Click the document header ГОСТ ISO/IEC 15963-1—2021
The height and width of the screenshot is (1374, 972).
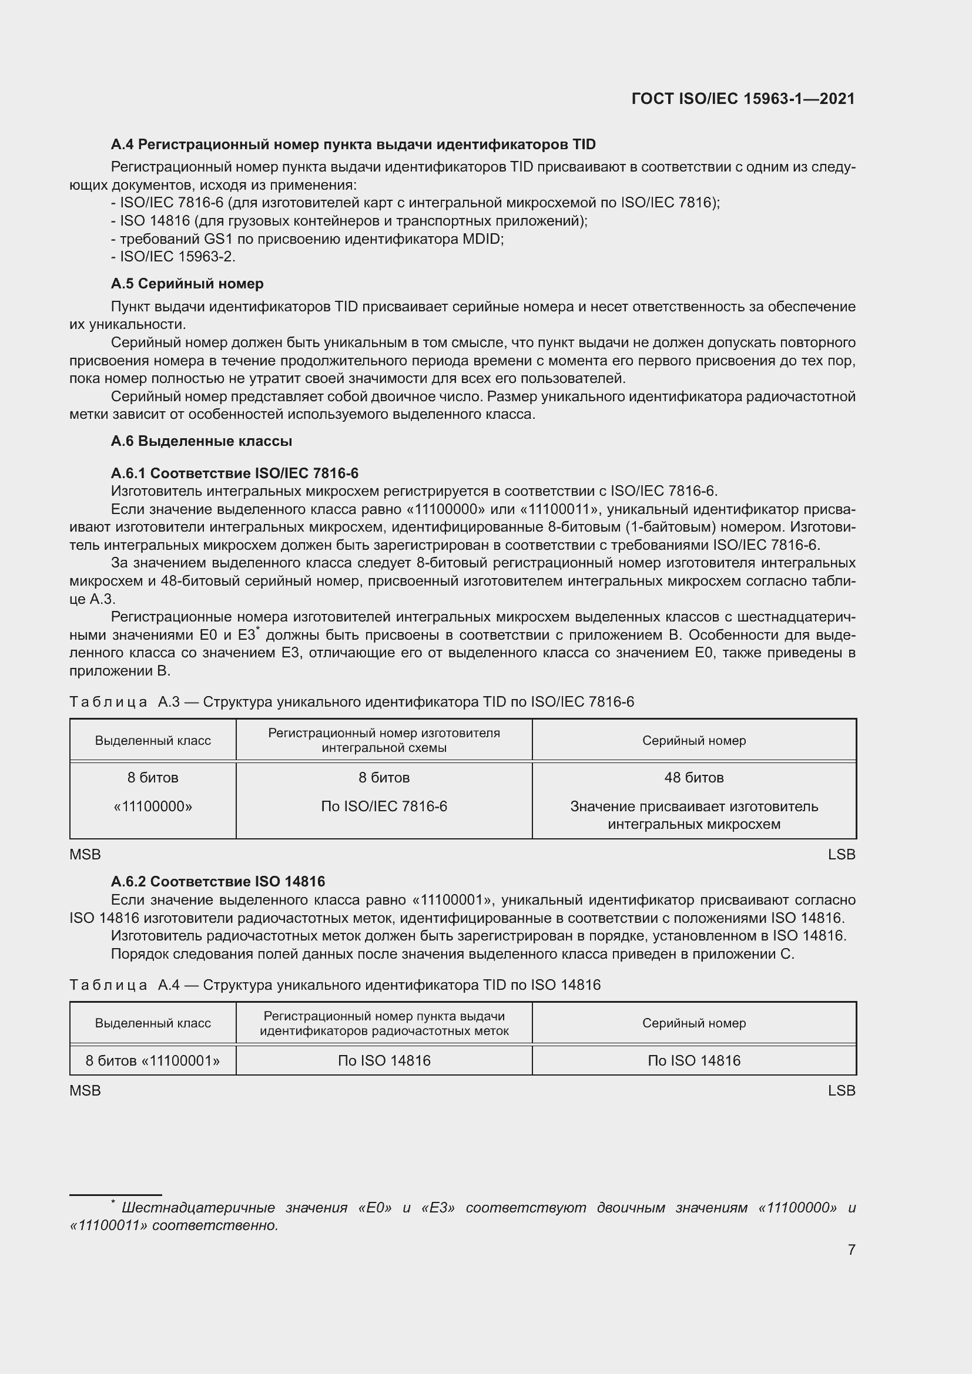pyautogui.click(x=743, y=99)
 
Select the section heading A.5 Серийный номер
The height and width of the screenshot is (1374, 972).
pyautogui.click(x=187, y=284)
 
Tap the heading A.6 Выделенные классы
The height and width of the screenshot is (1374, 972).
pyautogui.click(x=201, y=441)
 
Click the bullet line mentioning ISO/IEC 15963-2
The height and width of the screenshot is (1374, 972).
pyautogui.click(x=173, y=257)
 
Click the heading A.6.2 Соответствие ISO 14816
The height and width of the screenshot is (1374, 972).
pyautogui.click(x=218, y=881)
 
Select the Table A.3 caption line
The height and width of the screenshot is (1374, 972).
pyautogui.click(x=351, y=701)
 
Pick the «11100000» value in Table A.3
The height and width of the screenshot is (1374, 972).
pyautogui.click(x=153, y=806)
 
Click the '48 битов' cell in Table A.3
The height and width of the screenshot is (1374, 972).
pyautogui.click(x=693, y=777)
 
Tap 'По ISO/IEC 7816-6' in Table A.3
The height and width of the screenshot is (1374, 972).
pyautogui.click(x=384, y=806)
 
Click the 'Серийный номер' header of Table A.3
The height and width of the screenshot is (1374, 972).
pyautogui.click(x=693, y=740)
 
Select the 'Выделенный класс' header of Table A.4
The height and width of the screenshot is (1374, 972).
pyautogui.click(x=153, y=1023)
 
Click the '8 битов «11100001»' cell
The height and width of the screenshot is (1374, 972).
pyautogui.click(x=153, y=1060)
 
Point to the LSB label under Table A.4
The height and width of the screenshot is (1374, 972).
pyautogui.click(x=841, y=1090)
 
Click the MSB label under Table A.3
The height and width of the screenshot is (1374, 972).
pyautogui.click(x=85, y=854)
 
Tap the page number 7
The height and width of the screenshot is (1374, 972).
pyautogui.click(x=851, y=1249)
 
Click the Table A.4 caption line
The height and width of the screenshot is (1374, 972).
pyautogui.click(x=334, y=985)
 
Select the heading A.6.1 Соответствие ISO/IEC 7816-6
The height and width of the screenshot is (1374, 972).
pyautogui.click(x=234, y=473)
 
